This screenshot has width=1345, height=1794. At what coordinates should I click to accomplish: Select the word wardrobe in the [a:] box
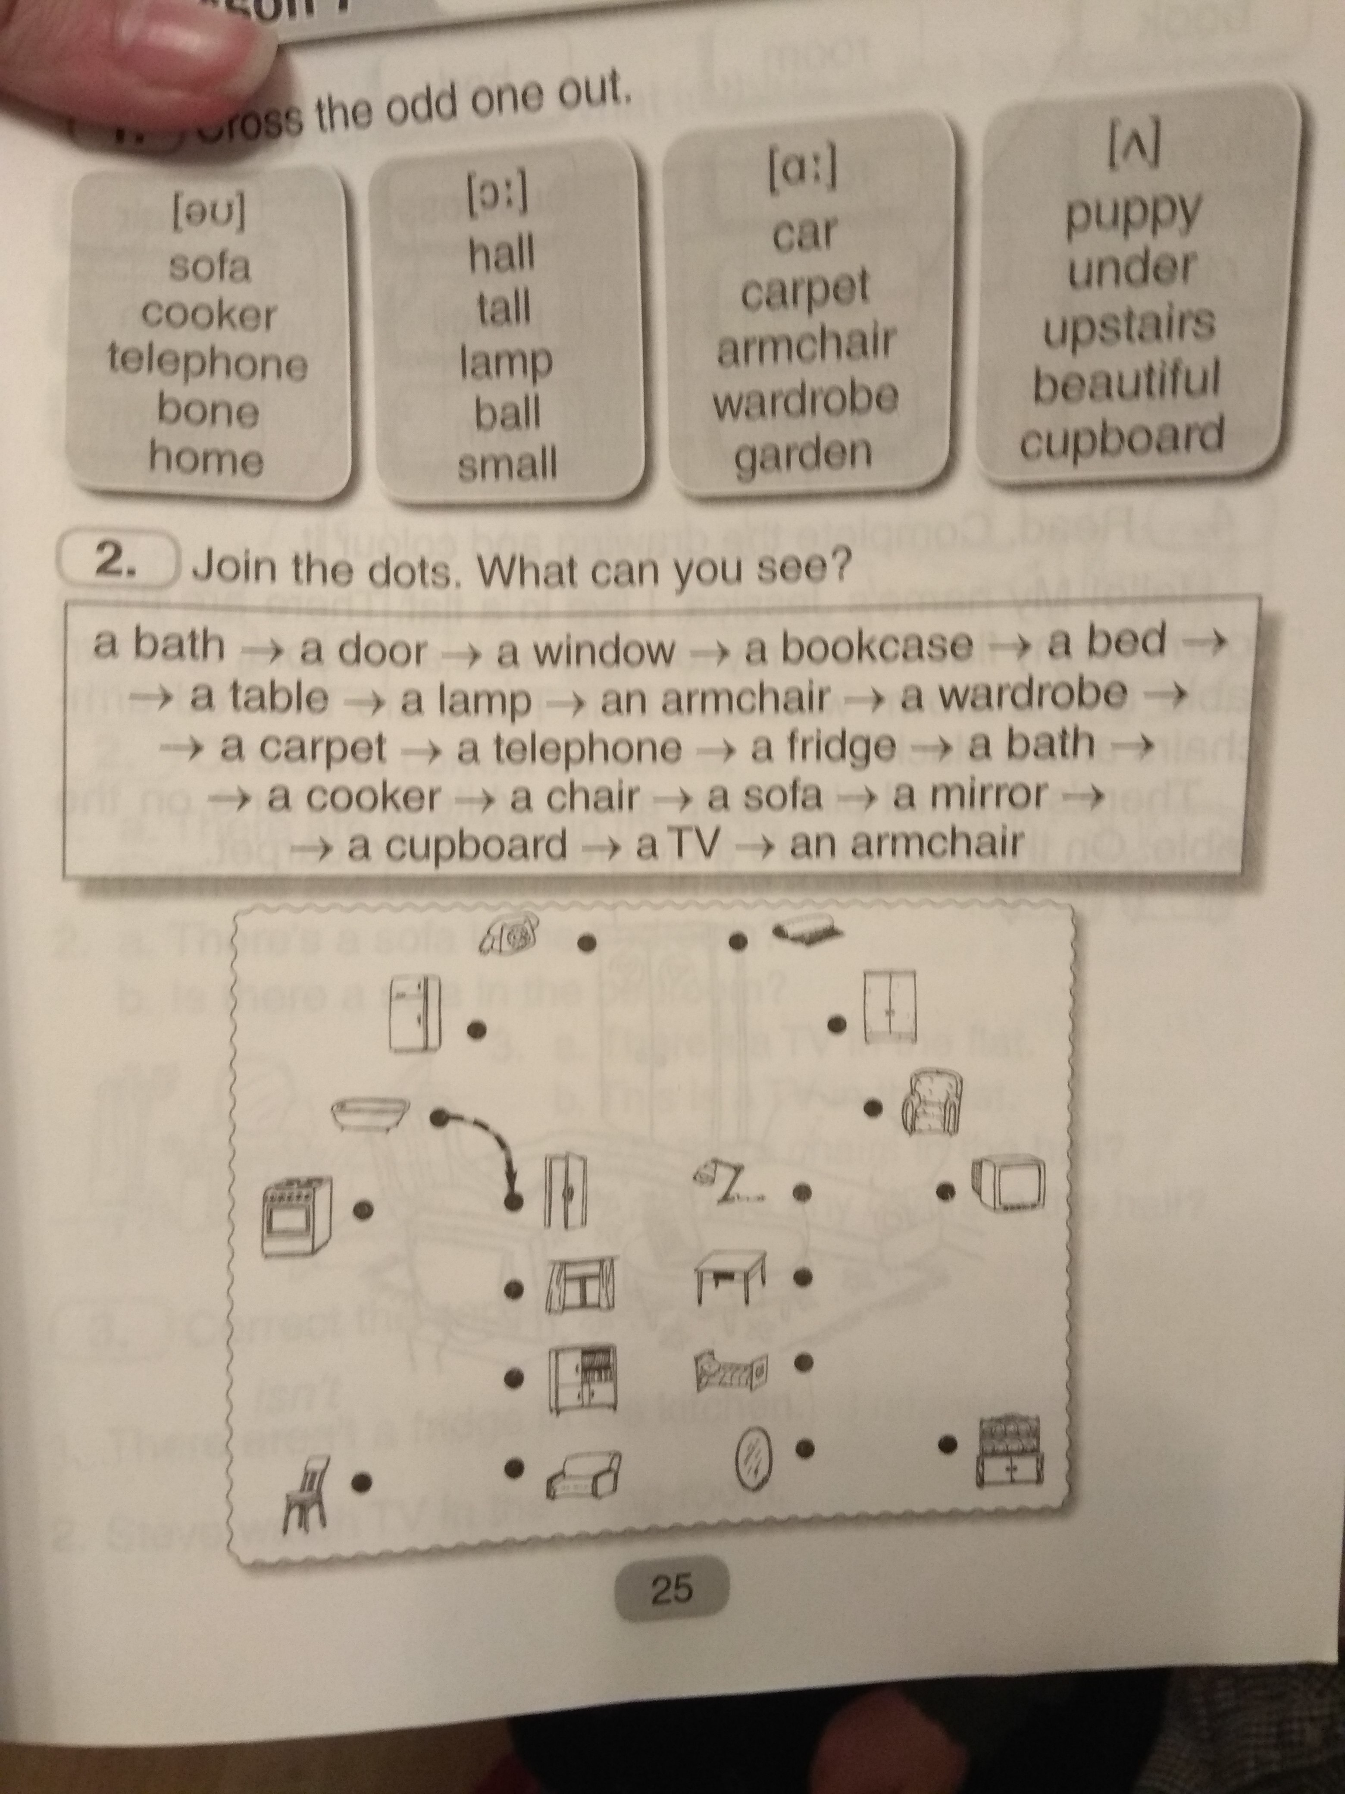click(x=806, y=398)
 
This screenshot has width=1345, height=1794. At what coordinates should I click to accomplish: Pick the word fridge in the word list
click(x=824, y=746)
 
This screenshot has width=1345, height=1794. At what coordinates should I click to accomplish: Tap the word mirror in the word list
click(x=970, y=795)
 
